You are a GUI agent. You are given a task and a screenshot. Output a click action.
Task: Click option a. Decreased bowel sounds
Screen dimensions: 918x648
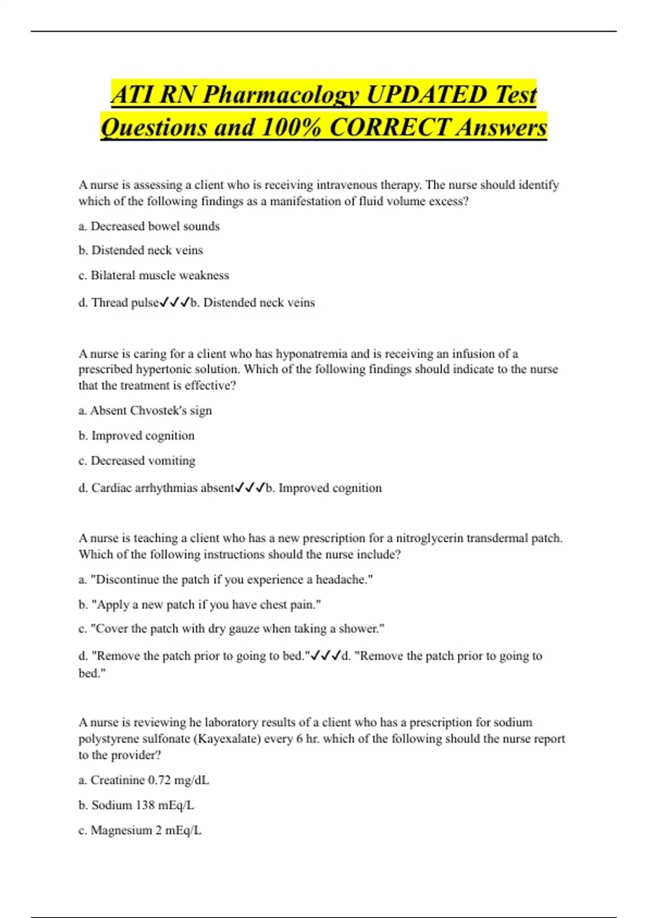click(x=149, y=226)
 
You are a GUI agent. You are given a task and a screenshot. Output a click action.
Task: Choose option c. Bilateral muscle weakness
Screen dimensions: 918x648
click(x=153, y=275)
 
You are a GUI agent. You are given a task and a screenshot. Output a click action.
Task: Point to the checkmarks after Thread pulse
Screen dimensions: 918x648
click(x=174, y=303)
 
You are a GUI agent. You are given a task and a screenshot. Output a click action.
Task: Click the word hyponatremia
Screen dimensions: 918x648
click(x=312, y=354)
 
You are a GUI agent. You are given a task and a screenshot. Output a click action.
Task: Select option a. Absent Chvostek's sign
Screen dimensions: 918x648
click(x=145, y=411)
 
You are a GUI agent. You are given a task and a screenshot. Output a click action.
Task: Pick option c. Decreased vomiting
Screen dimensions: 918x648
click(x=137, y=461)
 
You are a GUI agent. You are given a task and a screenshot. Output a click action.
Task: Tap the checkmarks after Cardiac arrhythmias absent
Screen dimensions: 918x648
click(x=250, y=488)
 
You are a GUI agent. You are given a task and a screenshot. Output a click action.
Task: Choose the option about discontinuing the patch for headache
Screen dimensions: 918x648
click(x=226, y=579)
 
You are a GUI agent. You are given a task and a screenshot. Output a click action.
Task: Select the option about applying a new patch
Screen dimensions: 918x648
click(x=200, y=605)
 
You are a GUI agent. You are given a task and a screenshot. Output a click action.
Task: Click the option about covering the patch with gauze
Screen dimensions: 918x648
click(x=231, y=629)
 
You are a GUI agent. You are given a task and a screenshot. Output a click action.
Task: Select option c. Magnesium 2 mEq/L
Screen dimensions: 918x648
click(x=140, y=831)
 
